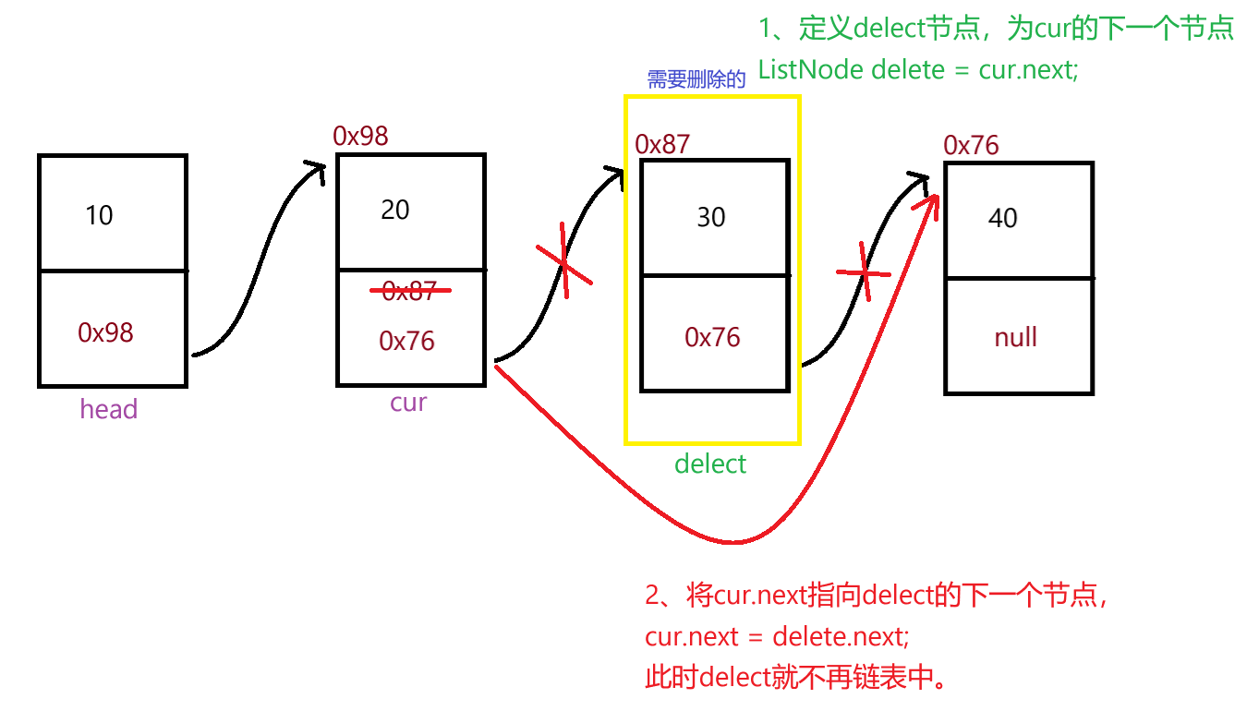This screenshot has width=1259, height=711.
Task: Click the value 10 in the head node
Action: tap(99, 215)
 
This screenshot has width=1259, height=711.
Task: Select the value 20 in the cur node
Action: tap(394, 211)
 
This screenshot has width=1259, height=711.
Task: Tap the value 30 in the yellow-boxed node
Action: tap(710, 217)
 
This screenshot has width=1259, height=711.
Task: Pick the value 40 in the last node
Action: tap(1002, 218)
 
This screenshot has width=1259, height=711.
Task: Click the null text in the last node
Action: tap(1015, 337)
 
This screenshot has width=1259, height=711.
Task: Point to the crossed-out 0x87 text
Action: tap(410, 292)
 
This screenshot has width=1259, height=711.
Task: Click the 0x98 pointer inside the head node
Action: tap(105, 332)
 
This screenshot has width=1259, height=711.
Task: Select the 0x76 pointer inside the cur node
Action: tap(406, 341)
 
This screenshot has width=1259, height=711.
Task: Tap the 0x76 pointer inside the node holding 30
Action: tap(712, 337)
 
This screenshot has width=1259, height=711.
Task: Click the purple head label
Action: tap(108, 409)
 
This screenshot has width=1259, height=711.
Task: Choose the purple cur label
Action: tap(408, 403)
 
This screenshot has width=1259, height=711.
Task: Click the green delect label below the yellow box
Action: tap(710, 464)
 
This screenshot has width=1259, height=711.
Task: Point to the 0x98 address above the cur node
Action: tap(360, 137)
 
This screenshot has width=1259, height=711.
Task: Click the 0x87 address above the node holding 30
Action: tap(662, 144)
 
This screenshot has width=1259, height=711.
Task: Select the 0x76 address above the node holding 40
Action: tap(971, 145)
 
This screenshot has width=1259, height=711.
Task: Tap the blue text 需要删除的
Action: tap(696, 79)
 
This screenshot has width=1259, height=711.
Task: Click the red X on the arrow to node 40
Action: tap(865, 271)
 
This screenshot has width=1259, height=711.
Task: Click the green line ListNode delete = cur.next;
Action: tap(918, 69)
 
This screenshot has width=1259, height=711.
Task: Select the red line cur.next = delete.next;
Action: tap(777, 637)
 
